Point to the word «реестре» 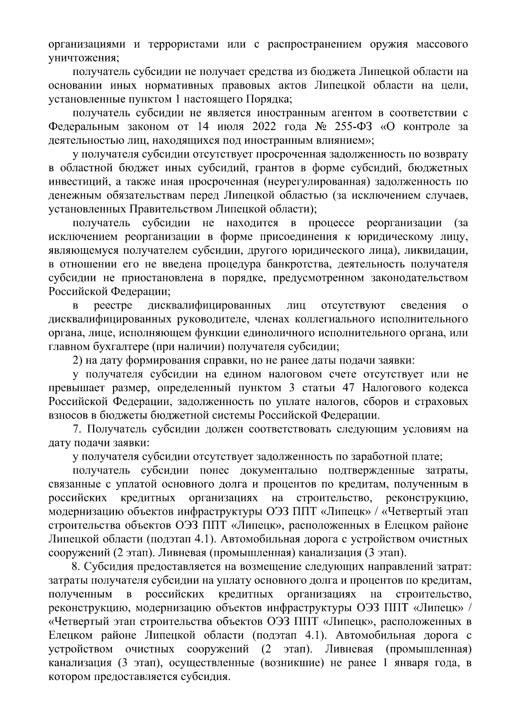tap(113, 305)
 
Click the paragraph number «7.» tap(77, 429)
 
